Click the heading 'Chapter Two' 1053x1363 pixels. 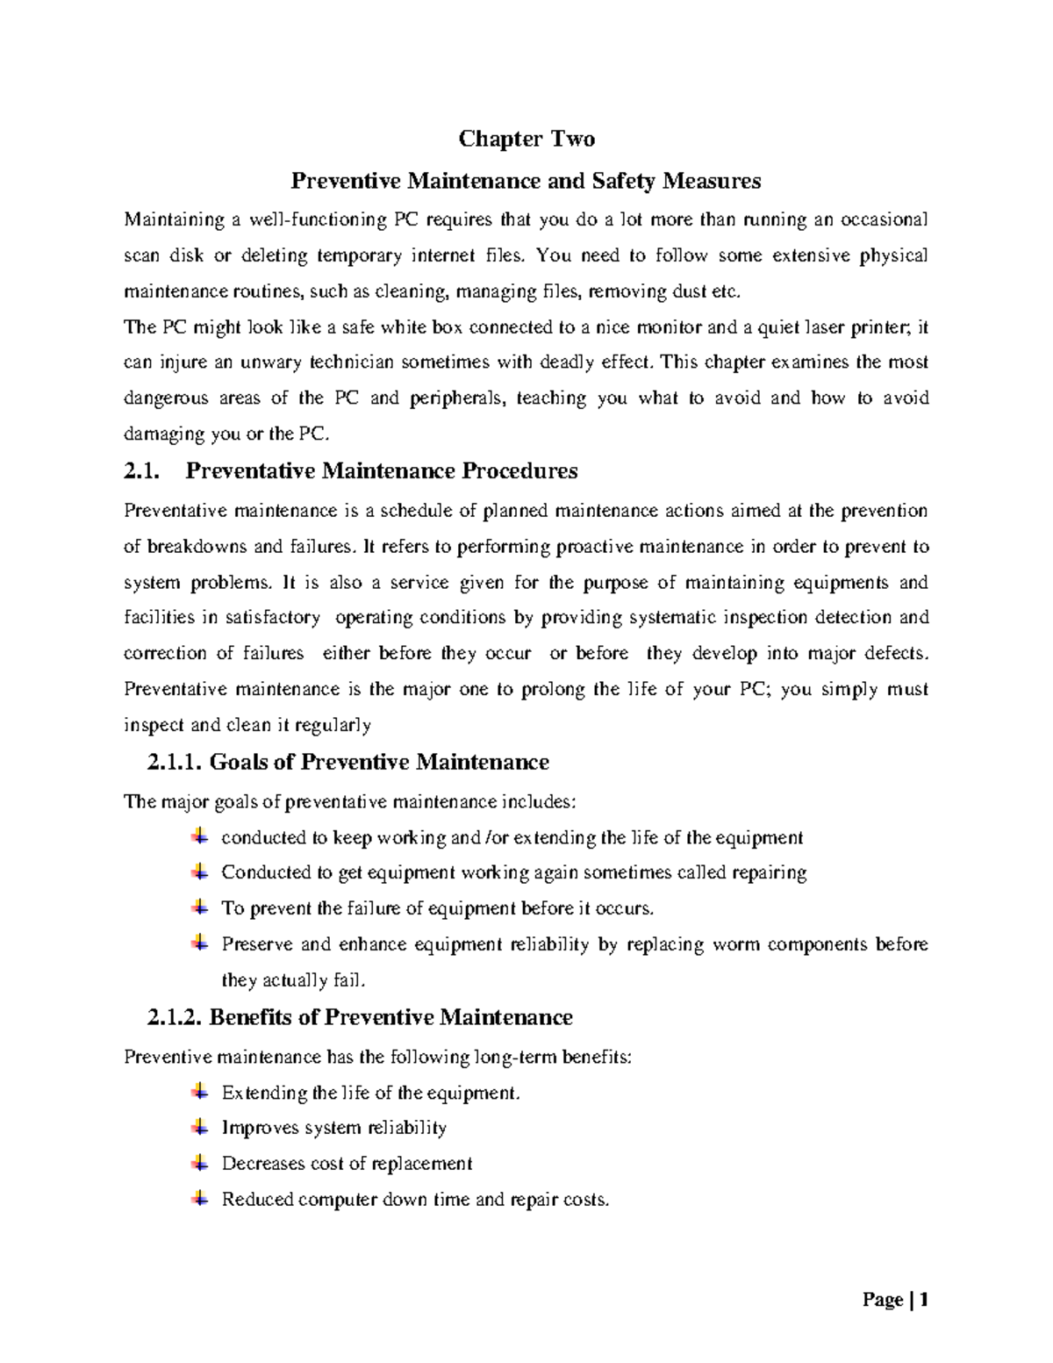526,139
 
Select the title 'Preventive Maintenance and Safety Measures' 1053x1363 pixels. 526,181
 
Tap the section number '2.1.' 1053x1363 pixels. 142,471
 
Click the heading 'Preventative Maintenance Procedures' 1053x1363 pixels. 382,471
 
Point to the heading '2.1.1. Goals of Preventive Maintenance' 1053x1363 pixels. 348,762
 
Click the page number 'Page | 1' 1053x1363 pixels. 895,1300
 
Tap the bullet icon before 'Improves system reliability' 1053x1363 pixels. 200,1127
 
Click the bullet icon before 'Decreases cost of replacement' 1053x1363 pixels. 200,1163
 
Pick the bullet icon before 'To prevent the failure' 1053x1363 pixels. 200,907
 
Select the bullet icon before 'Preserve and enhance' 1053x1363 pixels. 200,943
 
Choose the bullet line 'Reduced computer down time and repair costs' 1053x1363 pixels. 414,1200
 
